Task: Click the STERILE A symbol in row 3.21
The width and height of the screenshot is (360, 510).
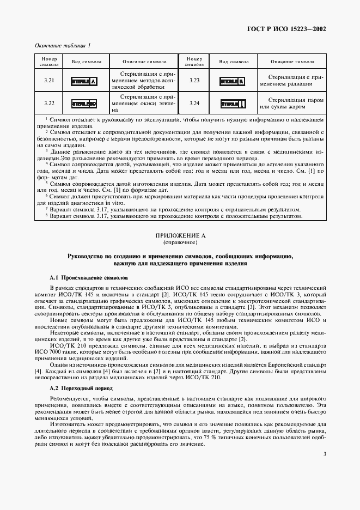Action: pos(84,82)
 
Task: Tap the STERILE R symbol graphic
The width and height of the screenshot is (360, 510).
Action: pos(233,82)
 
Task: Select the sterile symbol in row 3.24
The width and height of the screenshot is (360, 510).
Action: pos(233,104)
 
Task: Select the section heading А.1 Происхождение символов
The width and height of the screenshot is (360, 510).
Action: pos(85,277)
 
